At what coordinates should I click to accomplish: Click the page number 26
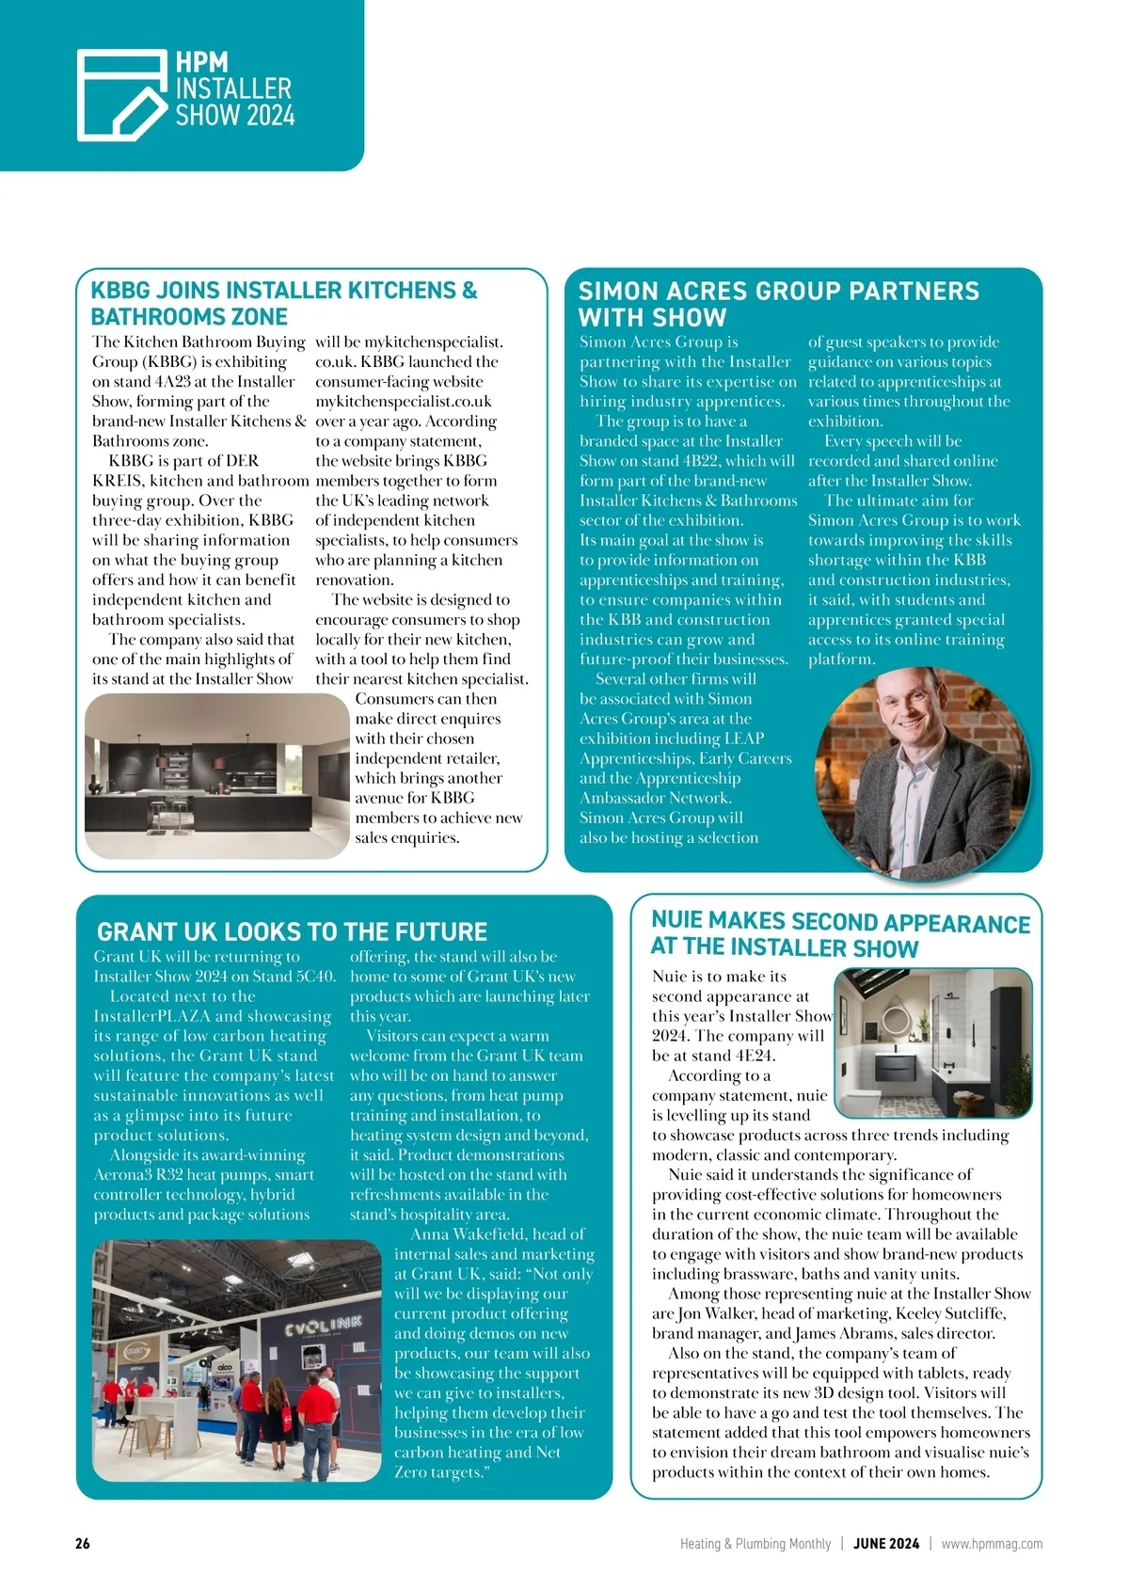(83, 1543)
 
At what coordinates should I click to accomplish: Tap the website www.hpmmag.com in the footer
(992, 1543)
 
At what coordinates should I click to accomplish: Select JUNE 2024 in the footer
(886, 1543)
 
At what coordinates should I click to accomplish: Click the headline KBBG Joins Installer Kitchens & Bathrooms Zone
(283, 303)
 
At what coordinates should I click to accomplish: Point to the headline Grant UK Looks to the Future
(292, 931)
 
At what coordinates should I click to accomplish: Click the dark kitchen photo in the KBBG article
(216, 775)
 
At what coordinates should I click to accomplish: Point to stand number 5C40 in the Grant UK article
(314, 977)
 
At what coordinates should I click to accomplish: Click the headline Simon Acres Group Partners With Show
(778, 303)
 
